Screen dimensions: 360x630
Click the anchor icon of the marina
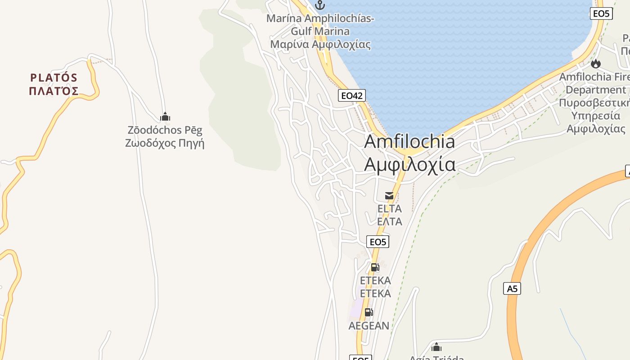320,5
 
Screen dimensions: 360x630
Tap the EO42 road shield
352,95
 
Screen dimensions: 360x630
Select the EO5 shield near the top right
601,13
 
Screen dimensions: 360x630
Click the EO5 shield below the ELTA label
378,242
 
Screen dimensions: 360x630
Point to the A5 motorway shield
512,288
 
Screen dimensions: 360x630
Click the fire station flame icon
596,64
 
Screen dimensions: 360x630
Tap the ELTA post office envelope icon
389,196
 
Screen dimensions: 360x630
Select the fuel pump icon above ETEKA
374,267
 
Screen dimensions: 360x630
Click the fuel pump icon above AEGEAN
369,312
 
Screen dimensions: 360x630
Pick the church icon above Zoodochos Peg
165,117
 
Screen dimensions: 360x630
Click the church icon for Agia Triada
436,347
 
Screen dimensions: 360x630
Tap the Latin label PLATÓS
54,78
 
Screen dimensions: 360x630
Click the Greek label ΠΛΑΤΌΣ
54,91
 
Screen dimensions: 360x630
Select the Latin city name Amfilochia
409,142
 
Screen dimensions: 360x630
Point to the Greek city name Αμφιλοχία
409,164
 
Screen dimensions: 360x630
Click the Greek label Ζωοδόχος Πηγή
165,144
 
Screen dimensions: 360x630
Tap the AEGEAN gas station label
369,326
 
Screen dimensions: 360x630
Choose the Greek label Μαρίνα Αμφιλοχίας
320,44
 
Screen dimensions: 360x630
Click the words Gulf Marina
320,31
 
